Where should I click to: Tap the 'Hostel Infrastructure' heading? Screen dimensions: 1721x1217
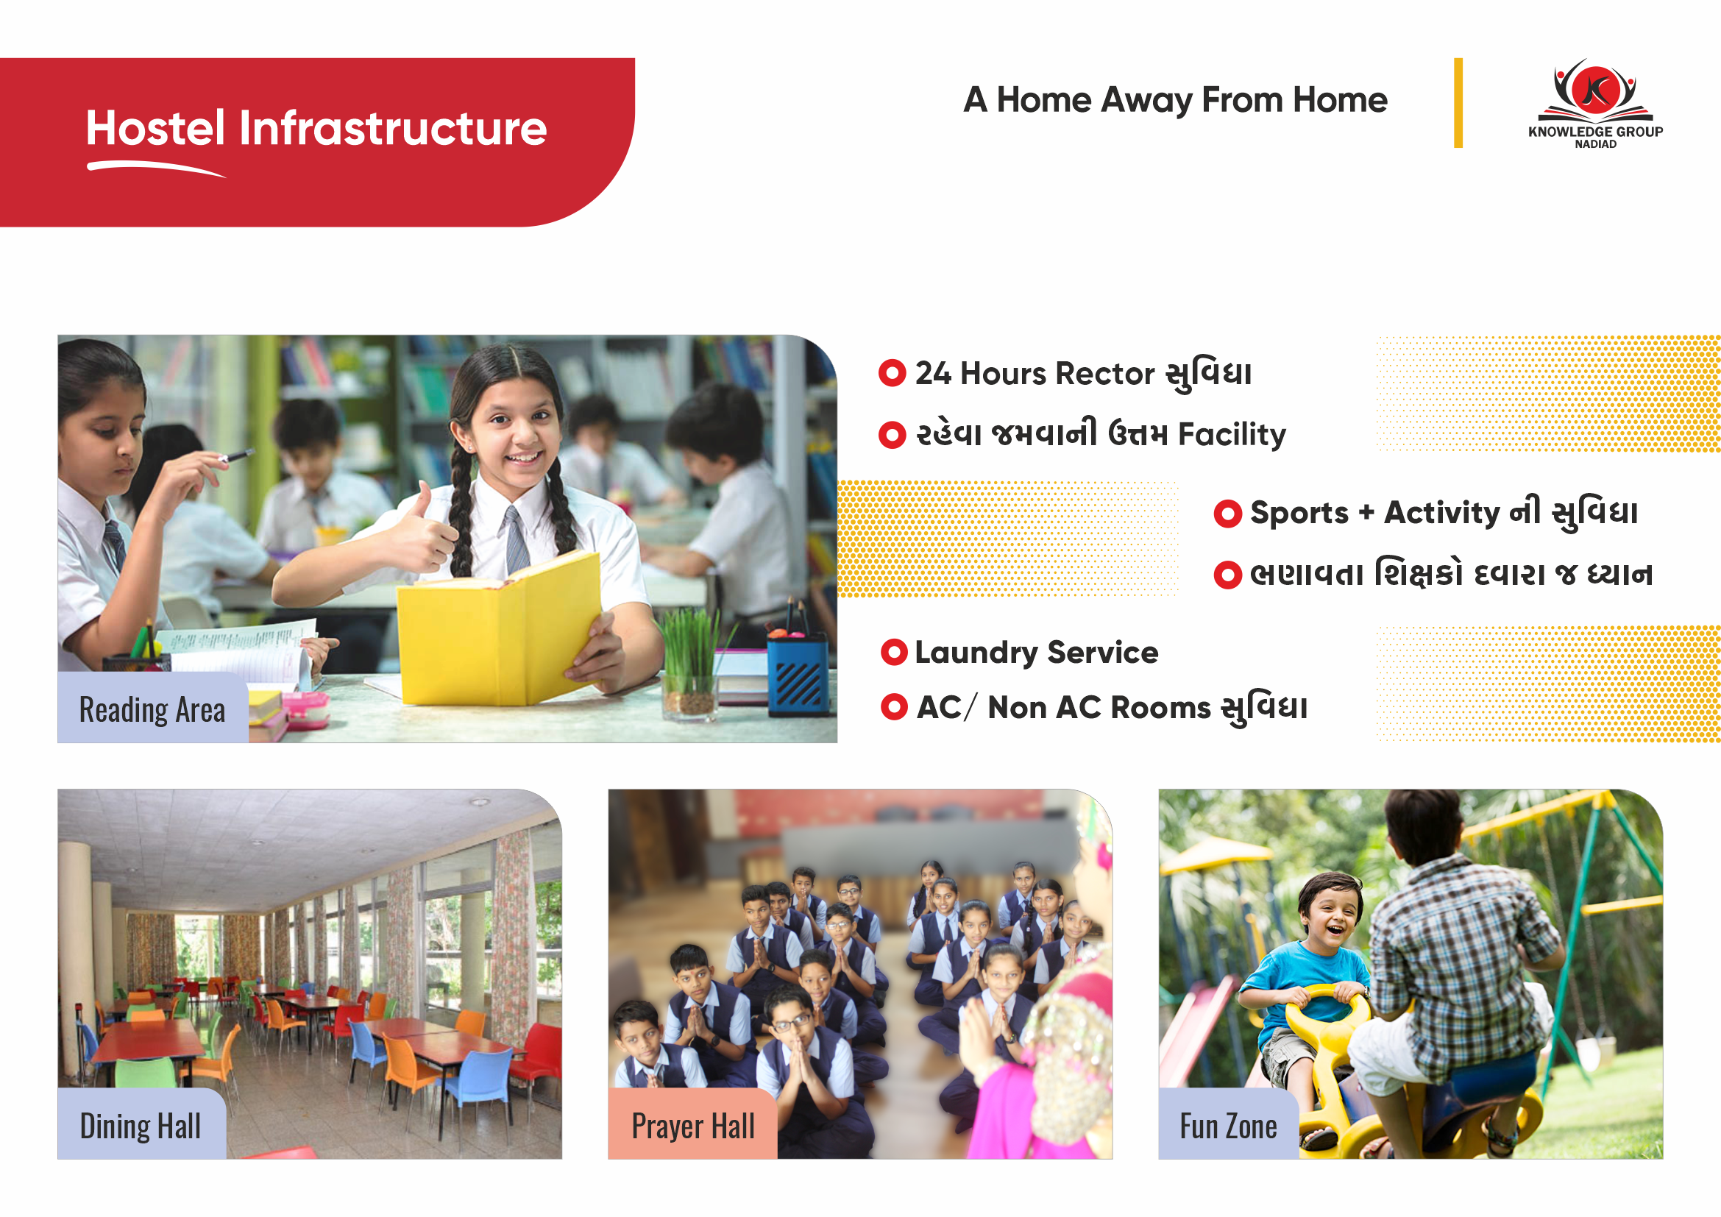point(316,128)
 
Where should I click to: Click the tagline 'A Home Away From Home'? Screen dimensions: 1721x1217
point(1175,100)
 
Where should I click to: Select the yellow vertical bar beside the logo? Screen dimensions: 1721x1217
point(1458,103)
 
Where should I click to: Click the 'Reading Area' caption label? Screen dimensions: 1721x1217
point(152,709)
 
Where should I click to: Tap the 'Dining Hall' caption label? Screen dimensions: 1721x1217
point(141,1125)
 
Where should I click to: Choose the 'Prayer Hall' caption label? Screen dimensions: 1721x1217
point(692,1125)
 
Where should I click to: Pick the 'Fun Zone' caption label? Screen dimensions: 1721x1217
point(1228,1125)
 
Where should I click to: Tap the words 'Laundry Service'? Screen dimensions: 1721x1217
point(1037,653)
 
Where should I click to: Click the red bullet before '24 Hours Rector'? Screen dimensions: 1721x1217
point(892,373)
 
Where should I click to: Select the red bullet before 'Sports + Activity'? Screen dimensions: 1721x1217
point(1228,514)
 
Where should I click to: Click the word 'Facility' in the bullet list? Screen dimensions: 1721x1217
point(1232,434)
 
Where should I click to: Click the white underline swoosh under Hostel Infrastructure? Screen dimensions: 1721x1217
point(156,168)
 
